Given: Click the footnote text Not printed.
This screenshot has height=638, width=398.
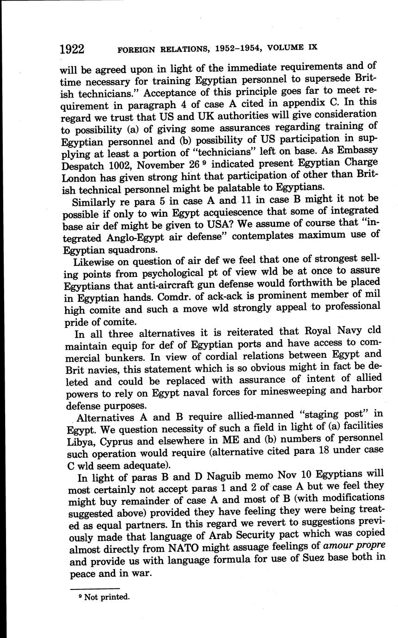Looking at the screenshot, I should click(x=107, y=597).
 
